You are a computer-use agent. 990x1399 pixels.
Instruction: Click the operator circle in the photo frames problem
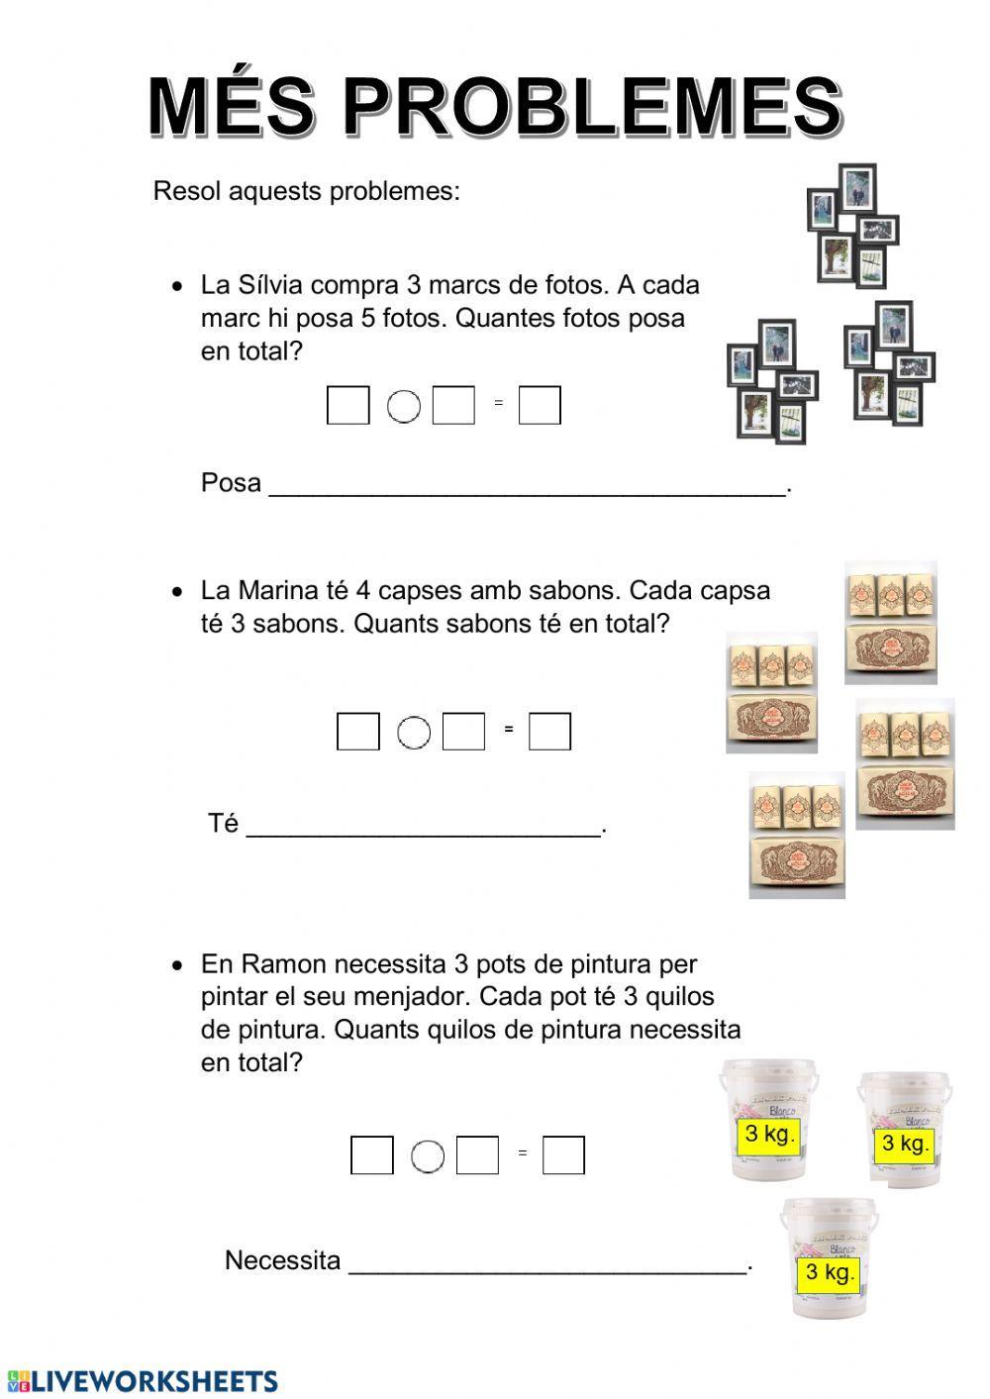tap(404, 406)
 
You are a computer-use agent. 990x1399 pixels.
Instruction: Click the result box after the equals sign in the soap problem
tap(549, 732)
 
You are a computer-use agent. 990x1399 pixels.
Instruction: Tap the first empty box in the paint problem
tap(371, 1155)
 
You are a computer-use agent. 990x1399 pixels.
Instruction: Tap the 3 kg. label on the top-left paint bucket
tap(768, 1135)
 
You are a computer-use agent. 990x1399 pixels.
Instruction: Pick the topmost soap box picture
tap(891, 623)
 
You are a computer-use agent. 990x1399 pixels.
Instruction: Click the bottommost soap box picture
tap(797, 835)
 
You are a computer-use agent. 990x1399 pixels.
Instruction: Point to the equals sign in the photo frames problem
tap(498, 403)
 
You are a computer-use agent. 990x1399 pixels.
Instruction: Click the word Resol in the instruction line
tap(186, 191)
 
